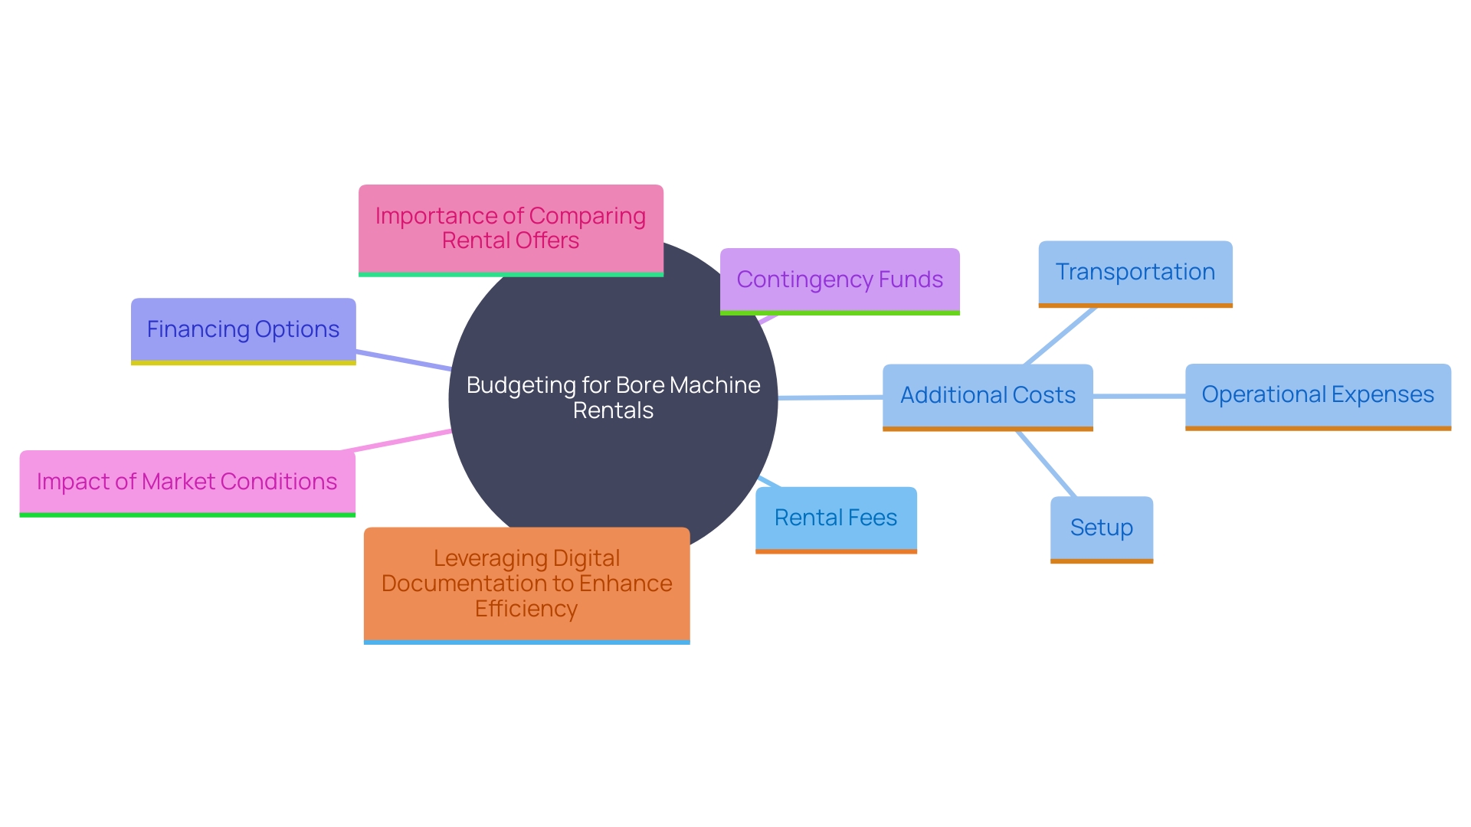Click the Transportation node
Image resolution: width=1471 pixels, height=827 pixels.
tap(1135, 273)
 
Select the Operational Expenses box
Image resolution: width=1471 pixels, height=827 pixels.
tap(1317, 395)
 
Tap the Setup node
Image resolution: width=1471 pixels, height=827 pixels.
tap(1101, 528)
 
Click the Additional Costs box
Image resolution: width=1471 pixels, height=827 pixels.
tap(987, 396)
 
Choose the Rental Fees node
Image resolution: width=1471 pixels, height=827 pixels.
tap(835, 518)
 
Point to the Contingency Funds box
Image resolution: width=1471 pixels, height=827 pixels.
tap(839, 280)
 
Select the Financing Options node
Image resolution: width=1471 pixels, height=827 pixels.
tap(243, 330)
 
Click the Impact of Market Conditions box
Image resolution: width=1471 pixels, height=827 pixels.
tap(187, 482)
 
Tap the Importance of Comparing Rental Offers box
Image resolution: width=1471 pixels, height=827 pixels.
tap(510, 228)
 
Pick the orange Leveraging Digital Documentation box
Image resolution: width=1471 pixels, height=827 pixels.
tap(526, 583)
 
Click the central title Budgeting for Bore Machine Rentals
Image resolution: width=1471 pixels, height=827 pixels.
tap(613, 397)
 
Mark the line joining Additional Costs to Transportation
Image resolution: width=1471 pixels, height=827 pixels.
tap(1060, 335)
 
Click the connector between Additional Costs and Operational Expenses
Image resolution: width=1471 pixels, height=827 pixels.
tap(1138, 396)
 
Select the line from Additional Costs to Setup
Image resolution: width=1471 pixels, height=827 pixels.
tap(1047, 464)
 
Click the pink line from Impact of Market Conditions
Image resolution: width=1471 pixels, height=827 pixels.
tap(397, 441)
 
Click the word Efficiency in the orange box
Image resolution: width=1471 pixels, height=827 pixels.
tap(526, 610)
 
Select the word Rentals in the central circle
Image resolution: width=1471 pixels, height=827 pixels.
tap(613, 411)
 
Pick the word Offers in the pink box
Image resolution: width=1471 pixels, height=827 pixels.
tap(547, 241)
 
